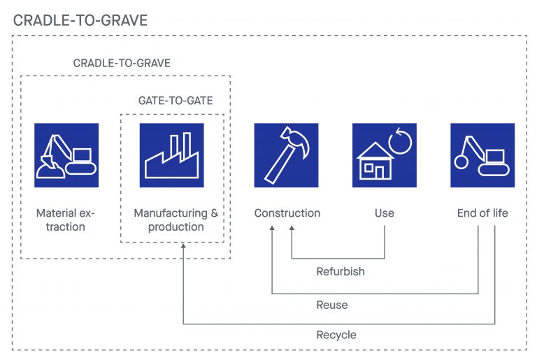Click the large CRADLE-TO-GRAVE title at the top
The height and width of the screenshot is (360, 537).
pyautogui.click(x=80, y=20)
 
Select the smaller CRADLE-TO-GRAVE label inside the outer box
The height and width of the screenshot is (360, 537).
pyautogui.click(x=122, y=63)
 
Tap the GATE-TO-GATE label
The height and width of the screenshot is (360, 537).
pyautogui.click(x=175, y=101)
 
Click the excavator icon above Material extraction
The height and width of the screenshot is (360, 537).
pyautogui.click(x=66, y=155)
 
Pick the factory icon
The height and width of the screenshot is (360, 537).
pyautogui.click(x=171, y=155)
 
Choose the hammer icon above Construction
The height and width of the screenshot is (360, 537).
pyautogui.click(x=286, y=155)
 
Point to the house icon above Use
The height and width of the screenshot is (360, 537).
pyautogui.click(x=384, y=155)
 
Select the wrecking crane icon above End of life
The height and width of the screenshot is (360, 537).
pyautogui.click(x=482, y=155)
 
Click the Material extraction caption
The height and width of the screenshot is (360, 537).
pyautogui.click(x=66, y=219)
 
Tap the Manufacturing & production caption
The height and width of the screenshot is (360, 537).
pyautogui.click(x=171, y=219)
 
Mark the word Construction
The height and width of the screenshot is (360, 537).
pyautogui.click(x=287, y=213)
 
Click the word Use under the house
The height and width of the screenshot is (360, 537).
pyautogui.click(x=384, y=213)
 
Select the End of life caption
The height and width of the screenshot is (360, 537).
pyautogui.click(x=482, y=213)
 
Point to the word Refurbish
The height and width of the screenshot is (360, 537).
pyautogui.click(x=341, y=271)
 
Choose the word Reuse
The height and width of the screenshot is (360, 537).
pyautogui.click(x=331, y=305)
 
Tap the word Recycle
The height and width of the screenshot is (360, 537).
pyautogui.click(x=336, y=335)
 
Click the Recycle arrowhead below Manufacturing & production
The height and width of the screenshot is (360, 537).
pyautogui.click(x=183, y=246)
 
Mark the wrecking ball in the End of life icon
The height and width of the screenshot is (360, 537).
pyautogui.click(x=462, y=161)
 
